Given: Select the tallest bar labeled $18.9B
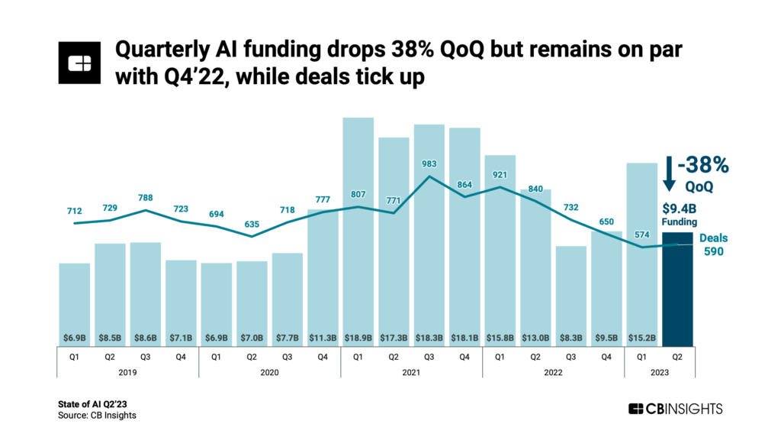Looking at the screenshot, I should click(358, 229).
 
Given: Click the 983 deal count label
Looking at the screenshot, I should click(429, 163).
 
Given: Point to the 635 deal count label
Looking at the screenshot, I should click(252, 225).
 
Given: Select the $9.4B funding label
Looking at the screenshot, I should click(677, 207).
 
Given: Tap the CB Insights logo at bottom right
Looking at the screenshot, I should click(674, 409).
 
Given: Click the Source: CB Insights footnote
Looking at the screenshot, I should click(97, 416).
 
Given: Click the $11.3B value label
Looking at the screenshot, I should click(323, 337).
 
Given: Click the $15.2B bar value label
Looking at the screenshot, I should click(642, 337).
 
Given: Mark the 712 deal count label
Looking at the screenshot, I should click(74, 211).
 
